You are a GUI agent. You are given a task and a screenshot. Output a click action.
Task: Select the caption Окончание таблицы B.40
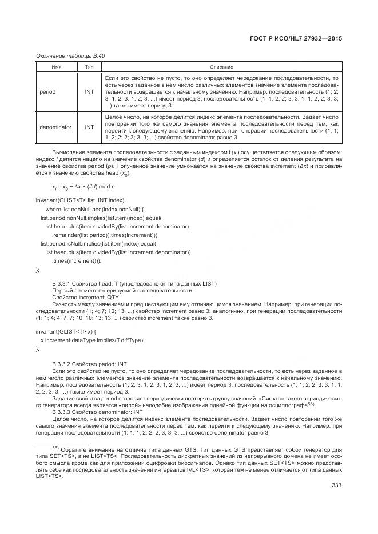[70, 55]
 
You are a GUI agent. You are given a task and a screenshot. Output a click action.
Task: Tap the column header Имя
[57, 67]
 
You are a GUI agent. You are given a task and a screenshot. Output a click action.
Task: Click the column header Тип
[89, 67]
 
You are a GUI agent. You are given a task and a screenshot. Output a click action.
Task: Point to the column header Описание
[222, 67]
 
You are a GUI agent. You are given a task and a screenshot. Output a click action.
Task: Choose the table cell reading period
[47, 91]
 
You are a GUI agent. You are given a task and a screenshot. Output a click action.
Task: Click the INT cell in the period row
[89, 91]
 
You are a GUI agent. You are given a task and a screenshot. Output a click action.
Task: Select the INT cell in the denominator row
[89, 127]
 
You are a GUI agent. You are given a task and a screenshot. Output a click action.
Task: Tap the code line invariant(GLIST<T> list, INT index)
[79, 200]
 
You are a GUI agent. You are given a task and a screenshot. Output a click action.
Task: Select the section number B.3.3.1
[62, 284]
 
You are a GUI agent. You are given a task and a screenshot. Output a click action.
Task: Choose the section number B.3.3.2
[62, 364]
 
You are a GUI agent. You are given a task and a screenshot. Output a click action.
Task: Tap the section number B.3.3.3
[62, 411]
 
